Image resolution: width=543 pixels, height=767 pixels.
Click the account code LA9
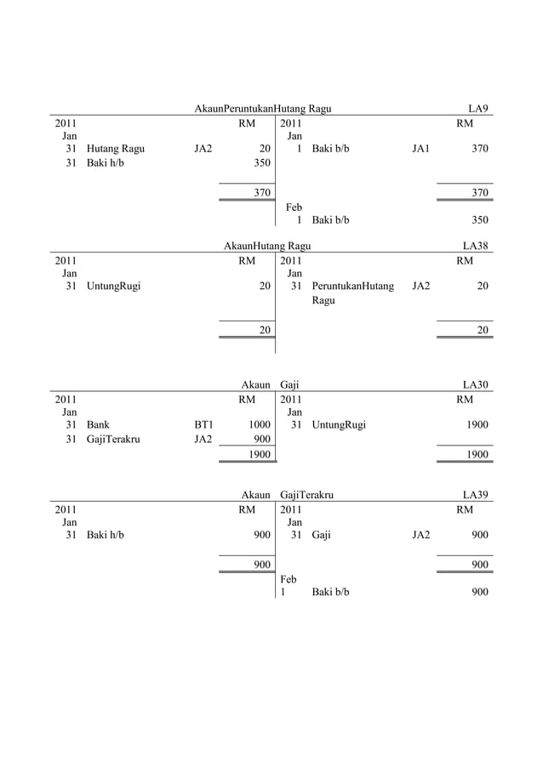478,109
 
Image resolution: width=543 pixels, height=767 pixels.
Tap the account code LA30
475,385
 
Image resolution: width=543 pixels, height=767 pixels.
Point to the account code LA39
475,494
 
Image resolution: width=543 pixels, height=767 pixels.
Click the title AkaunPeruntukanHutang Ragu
262,109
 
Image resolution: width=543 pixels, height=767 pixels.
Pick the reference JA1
420,149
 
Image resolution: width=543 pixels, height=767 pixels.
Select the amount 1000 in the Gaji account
260,424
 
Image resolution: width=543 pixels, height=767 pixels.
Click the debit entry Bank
97,424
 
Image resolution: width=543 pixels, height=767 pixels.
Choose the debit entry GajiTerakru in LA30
113,440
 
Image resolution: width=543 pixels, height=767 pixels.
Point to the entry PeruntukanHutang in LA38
352,287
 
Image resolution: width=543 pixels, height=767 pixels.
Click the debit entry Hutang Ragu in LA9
115,149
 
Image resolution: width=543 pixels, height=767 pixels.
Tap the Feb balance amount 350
480,220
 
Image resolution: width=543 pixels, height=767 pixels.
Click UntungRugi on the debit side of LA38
113,287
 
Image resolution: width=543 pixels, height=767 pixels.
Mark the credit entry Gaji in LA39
322,535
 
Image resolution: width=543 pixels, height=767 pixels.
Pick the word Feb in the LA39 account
289,578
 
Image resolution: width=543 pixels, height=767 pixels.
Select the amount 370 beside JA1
480,149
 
